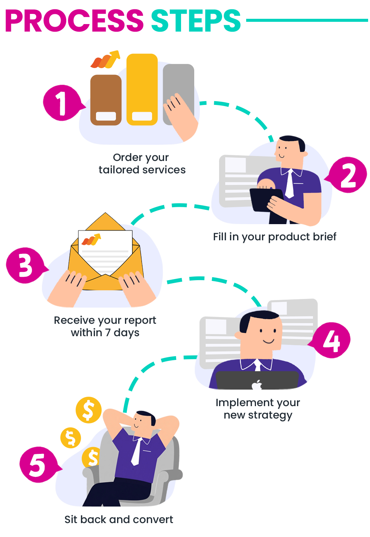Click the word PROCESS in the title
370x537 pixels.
click(x=74, y=21)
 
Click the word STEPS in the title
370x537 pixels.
click(x=195, y=21)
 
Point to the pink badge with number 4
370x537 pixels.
click(x=332, y=341)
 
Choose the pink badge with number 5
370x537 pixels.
click(x=37, y=464)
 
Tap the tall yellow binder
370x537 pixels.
click(x=142, y=89)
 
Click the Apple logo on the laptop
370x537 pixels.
click(x=257, y=385)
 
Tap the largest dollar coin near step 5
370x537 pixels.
click(x=88, y=410)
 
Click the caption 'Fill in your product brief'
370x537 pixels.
click(x=275, y=237)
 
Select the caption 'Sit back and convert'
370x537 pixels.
click(x=119, y=520)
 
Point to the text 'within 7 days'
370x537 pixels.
click(x=105, y=333)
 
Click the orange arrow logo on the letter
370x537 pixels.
click(x=91, y=240)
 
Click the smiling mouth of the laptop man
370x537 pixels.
click(x=269, y=341)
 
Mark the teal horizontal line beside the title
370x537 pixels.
click(x=307, y=20)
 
